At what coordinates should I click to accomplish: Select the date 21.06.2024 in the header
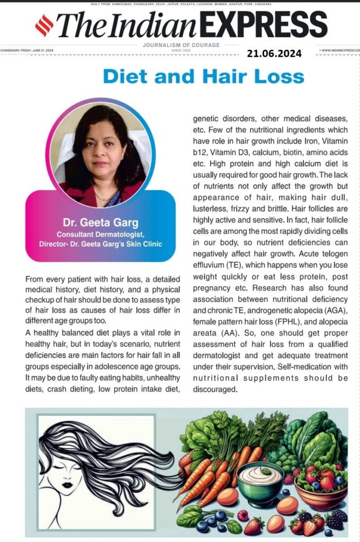pyautogui.click(x=274, y=53)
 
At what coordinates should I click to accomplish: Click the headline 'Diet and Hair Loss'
pyautogui.click(x=204, y=76)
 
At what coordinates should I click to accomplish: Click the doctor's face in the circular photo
pyautogui.click(x=101, y=143)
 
